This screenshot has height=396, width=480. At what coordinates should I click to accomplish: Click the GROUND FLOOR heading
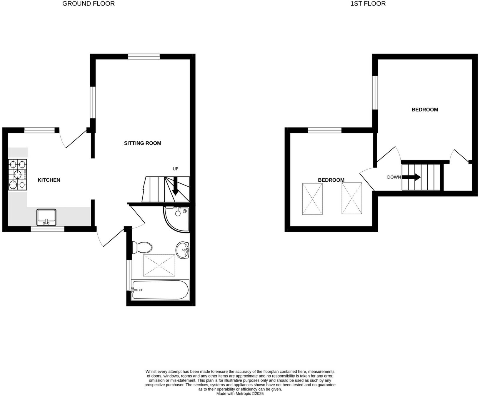(89, 4)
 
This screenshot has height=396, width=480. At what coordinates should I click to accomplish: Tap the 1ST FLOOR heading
(368, 4)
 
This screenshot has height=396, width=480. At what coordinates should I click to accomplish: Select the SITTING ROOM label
(142, 143)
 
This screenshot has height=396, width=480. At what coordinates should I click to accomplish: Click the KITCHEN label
(49, 180)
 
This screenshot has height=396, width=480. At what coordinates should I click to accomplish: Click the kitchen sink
(46, 217)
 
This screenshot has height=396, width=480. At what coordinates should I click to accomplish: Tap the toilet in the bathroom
(142, 247)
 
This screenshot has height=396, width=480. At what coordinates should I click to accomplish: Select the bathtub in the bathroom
(160, 290)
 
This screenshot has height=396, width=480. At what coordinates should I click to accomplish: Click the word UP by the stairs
(175, 169)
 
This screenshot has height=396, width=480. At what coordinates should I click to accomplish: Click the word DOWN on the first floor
(394, 177)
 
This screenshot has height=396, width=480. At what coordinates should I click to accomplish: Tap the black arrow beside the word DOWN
(411, 177)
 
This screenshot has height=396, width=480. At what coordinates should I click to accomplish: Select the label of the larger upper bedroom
(425, 110)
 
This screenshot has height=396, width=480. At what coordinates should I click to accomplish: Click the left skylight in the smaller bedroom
(312, 199)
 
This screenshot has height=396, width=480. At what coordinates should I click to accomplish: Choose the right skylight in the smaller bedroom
(352, 198)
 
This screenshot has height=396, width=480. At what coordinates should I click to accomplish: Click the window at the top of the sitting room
(144, 57)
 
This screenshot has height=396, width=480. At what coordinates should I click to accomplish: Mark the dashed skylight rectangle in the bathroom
(159, 266)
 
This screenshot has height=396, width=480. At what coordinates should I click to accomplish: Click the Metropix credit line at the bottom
(240, 393)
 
